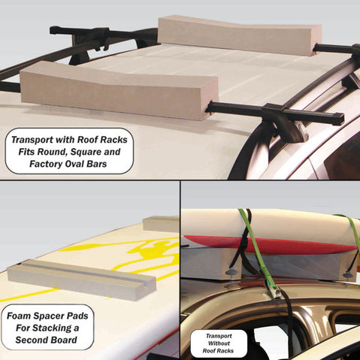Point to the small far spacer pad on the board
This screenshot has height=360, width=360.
(162, 222)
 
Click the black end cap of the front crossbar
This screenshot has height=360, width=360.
(337, 119)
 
